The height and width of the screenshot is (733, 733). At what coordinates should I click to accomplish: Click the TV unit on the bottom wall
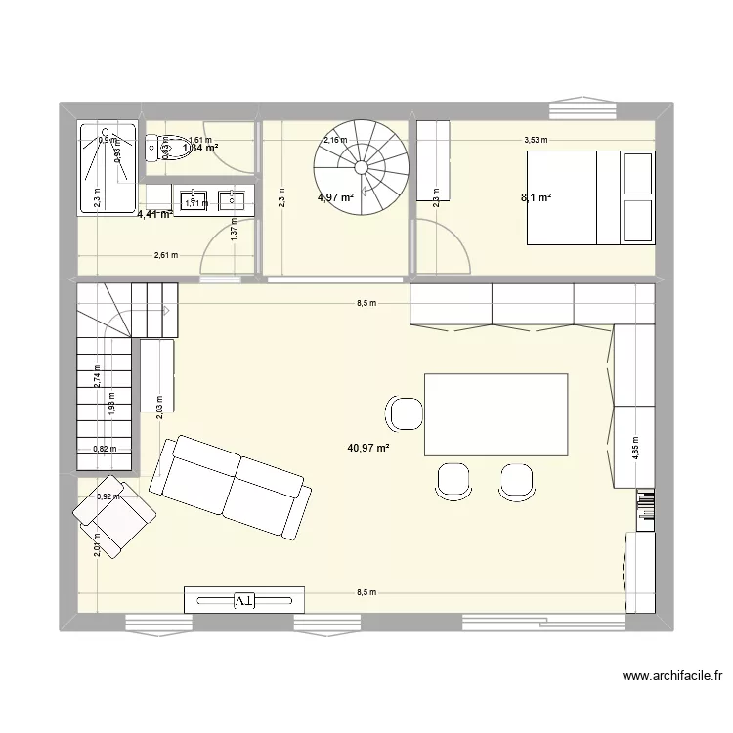click(244, 599)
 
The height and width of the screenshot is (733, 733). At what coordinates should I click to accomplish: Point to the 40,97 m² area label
click(368, 449)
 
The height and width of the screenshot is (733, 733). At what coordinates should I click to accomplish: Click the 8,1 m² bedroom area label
click(536, 198)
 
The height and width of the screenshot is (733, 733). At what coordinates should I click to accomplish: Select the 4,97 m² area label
click(336, 198)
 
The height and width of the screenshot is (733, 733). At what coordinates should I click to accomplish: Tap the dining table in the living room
click(496, 414)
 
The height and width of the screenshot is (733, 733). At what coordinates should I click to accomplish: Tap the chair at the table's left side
click(405, 413)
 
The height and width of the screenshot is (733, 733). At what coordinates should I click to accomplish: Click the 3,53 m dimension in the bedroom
click(536, 140)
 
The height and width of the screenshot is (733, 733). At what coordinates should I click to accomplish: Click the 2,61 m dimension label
click(166, 256)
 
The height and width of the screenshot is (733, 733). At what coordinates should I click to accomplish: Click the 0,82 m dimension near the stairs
click(105, 450)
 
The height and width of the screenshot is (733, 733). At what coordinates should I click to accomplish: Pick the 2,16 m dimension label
click(335, 140)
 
